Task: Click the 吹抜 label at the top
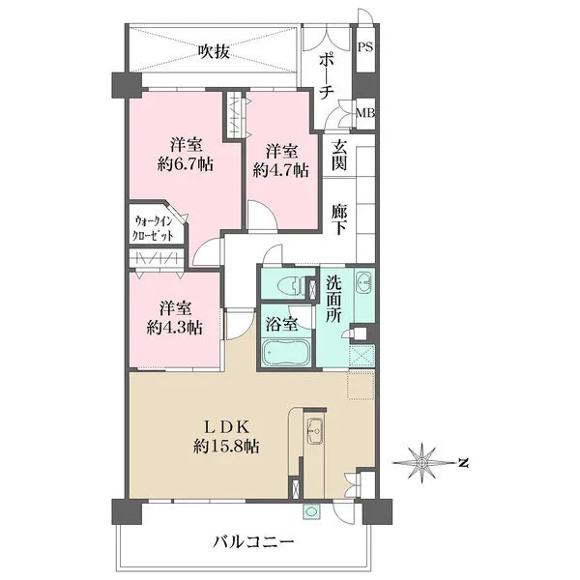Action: coord(215,51)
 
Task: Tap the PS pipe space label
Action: coord(365,47)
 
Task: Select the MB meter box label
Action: coord(365,113)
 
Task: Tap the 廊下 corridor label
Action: coord(339,219)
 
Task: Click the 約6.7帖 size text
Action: coord(186,164)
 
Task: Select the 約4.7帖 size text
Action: coord(281,170)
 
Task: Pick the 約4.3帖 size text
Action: coord(175,328)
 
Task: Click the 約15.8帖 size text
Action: coord(226,447)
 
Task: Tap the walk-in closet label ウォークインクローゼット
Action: coord(154,228)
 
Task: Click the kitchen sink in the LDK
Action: coord(315,430)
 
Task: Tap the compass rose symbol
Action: coord(421,463)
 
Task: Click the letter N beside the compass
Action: coord(462,462)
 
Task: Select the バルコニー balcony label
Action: coord(253,542)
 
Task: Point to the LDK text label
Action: coord(226,427)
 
